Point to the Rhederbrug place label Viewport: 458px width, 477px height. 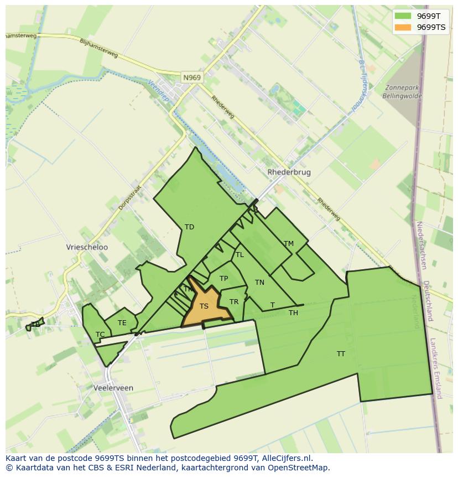pos(289,172)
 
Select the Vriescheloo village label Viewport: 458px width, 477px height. pos(87,247)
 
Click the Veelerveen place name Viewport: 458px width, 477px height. pos(113,388)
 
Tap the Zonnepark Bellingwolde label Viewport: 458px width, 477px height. pos(402,91)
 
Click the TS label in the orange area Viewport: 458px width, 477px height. pos(204,306)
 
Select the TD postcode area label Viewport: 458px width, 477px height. pos(189,227)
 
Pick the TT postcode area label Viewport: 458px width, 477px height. pos(341,353)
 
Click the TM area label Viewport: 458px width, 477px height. pos(288,244)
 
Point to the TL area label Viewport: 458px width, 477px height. pos(240,255)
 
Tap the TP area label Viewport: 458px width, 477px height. pos(223,279)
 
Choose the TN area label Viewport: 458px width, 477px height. pos(259,283)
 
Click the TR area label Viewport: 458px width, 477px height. pos(234,302)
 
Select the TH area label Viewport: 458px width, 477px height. pos(293,313)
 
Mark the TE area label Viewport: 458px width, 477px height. pos(122,323)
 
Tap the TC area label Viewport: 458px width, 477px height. pos(100,335)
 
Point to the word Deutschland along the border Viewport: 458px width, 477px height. pos(427,300)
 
